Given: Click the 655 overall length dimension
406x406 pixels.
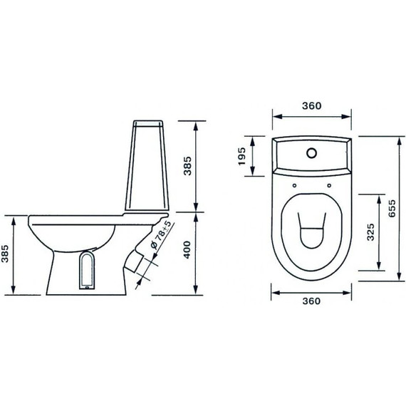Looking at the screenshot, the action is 392,208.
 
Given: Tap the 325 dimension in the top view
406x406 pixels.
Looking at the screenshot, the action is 370,232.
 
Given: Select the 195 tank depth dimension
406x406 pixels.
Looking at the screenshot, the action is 241,156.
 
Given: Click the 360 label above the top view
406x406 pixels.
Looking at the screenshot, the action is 312,105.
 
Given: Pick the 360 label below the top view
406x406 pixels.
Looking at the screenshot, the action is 311,301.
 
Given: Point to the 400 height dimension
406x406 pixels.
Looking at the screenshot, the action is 187,249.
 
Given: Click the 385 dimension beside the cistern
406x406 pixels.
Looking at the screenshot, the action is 187,166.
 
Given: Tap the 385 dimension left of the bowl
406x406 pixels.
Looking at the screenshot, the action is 5,254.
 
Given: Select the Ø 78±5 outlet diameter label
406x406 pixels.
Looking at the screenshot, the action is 161,234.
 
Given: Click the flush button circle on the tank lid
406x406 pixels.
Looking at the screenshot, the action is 311,153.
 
